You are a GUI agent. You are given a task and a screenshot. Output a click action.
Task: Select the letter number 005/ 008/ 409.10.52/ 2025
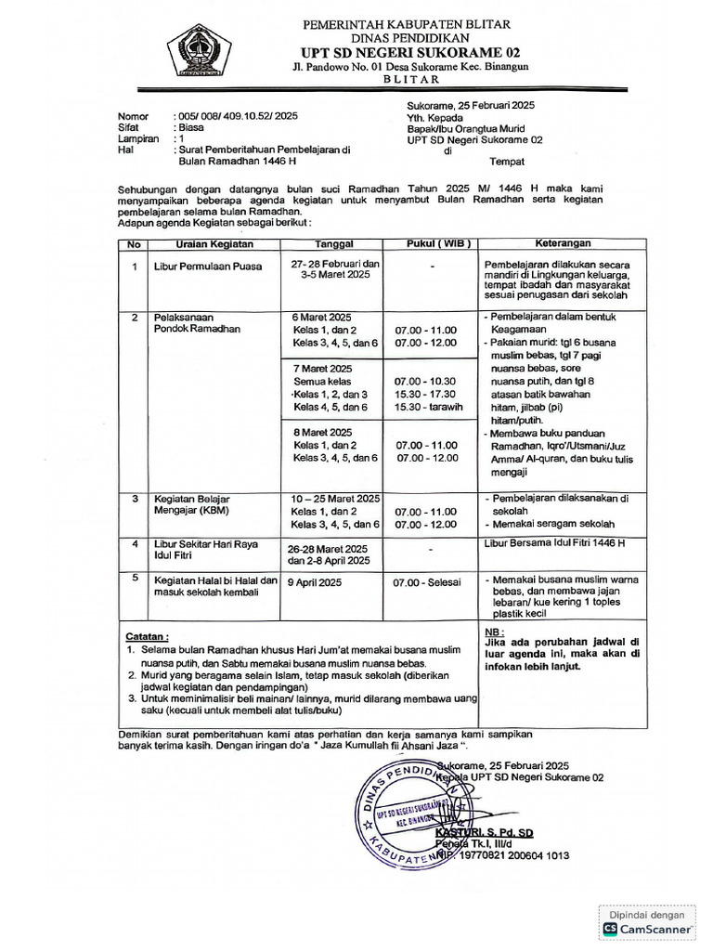coord(237,116)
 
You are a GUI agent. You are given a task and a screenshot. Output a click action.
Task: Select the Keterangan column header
coord(563,243)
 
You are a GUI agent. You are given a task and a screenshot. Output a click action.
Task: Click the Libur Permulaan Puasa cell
coord(209,267)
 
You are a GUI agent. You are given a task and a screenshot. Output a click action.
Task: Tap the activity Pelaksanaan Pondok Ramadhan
coord(197,323)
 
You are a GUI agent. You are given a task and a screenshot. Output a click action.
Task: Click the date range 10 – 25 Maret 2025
coord(335,499)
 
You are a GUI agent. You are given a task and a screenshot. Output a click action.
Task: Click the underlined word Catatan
coord(147,637)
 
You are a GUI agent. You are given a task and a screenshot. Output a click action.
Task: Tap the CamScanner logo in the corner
coord(647,928)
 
